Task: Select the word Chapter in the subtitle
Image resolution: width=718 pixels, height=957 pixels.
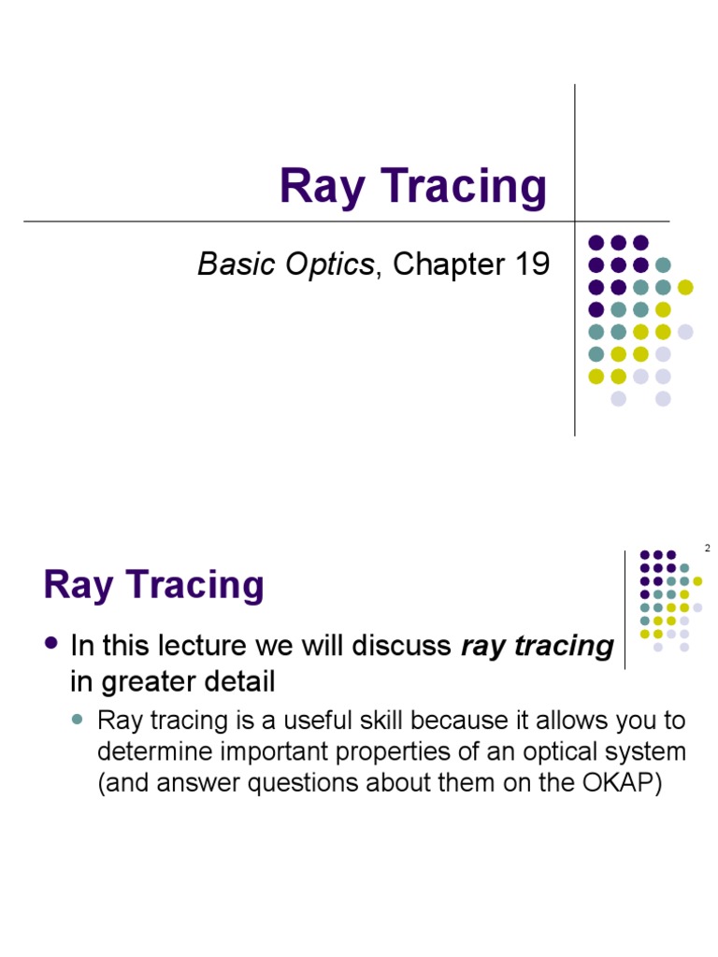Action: (x=447, y=264)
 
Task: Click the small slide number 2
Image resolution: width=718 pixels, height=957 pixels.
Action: (x=707, y=549)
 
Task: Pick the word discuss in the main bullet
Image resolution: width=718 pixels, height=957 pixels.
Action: (x=406, y=646)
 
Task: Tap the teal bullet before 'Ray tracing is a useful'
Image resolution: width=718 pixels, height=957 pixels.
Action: (x=79, y=721)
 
